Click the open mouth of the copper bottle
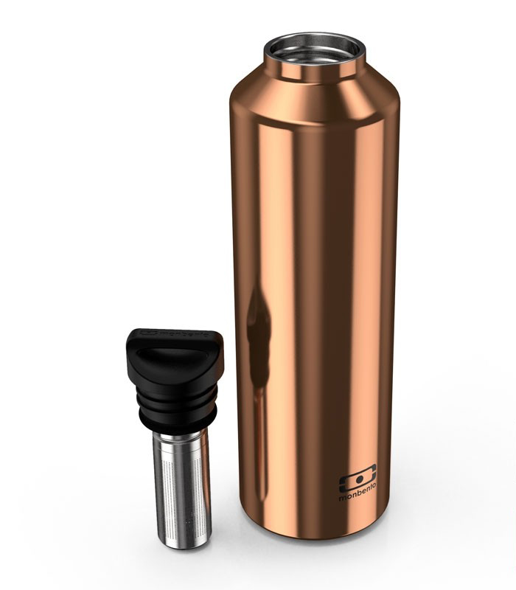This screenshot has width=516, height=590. pos(315,48)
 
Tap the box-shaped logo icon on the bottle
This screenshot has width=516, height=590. pos(358,479)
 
